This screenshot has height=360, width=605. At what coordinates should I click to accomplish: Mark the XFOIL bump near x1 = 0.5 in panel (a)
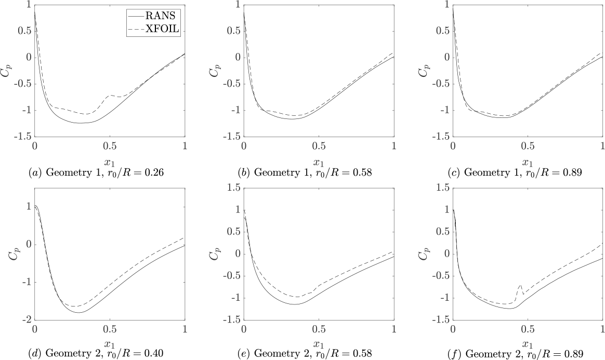(110, 96)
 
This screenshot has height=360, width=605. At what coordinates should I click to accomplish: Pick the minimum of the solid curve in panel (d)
(79, 312)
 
